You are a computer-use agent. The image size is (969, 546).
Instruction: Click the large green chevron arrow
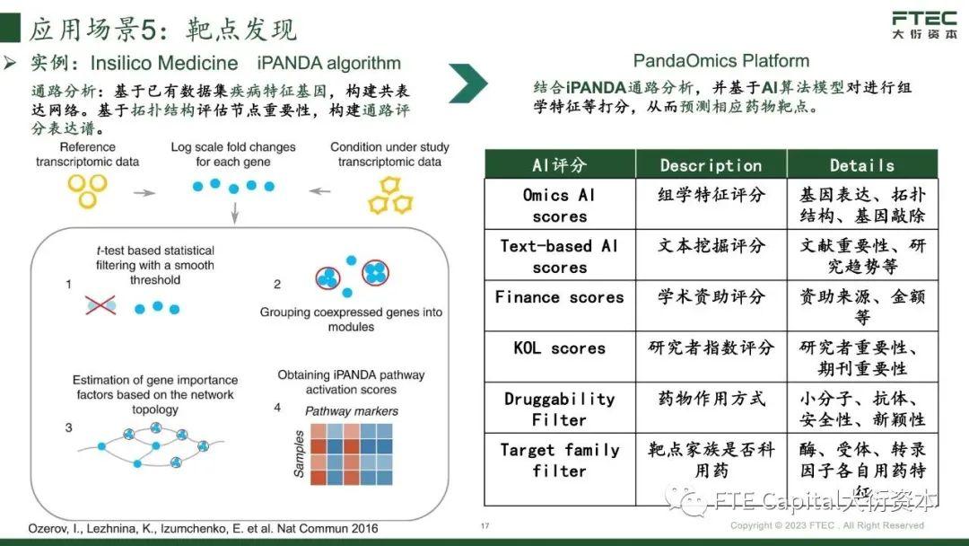[x=468, y=84]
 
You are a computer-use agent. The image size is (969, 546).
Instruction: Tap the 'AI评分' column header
[x=559, y=165]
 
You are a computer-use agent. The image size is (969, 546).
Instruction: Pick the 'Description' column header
[x=711, y=165]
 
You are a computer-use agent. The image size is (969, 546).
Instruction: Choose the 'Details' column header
[x=861, y=165]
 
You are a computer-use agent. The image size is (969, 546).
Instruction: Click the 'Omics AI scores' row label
[x=559, y=206]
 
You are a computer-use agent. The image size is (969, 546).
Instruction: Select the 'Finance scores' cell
[x=559, y=297]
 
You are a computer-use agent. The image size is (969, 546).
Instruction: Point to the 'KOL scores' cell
[x=559, y=348]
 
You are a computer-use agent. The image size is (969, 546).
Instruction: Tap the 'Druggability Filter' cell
[x=559, y=409]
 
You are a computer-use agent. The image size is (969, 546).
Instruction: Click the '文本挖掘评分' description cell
[x=711, y=246]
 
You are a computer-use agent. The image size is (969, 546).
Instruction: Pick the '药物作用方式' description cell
[x=711, y=399]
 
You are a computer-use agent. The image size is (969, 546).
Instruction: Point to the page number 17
[x=485, y=526]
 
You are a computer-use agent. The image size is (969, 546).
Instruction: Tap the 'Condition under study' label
[x=389, y=154]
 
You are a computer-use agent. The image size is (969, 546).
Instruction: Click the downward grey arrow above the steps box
[x=234, y=213]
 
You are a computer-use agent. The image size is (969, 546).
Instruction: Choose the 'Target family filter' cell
[x=559, y=460]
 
